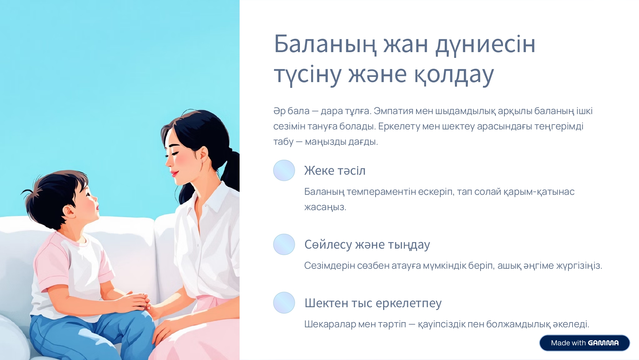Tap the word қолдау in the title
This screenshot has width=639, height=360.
(454, 74)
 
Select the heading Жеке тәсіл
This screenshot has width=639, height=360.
(335, 170)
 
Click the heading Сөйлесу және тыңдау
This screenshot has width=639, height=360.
(367, 245)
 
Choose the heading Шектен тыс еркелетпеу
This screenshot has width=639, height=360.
(373, 303)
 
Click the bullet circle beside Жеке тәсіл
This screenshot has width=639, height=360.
(284, 170)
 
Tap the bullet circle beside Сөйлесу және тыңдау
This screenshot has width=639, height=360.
(284, 244)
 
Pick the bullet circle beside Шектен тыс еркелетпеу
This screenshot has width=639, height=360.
(284, 302)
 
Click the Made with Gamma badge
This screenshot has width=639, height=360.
(584, 343)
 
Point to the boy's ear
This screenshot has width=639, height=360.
(70, 212)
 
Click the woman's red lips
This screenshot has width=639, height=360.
(174, 173)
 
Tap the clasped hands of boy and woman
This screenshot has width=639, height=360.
(138, 301)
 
